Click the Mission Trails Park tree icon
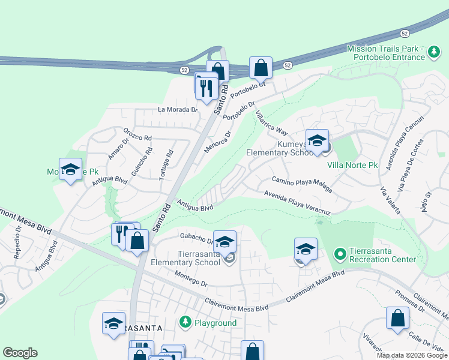(433, 54)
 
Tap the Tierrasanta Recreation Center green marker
(340, 254)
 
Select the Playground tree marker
(185, 323)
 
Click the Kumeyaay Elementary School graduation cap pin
(317, 142)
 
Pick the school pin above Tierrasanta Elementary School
(224, 242)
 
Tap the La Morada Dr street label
(178, 110)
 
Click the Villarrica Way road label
(271, 122)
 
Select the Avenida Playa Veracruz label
(298, 203)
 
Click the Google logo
(20, 353)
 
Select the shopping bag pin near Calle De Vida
(397, 319)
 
